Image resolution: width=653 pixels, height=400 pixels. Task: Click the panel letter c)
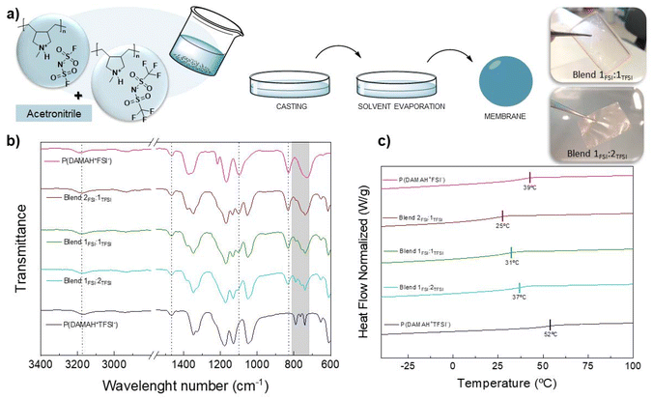tap(384, 138)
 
